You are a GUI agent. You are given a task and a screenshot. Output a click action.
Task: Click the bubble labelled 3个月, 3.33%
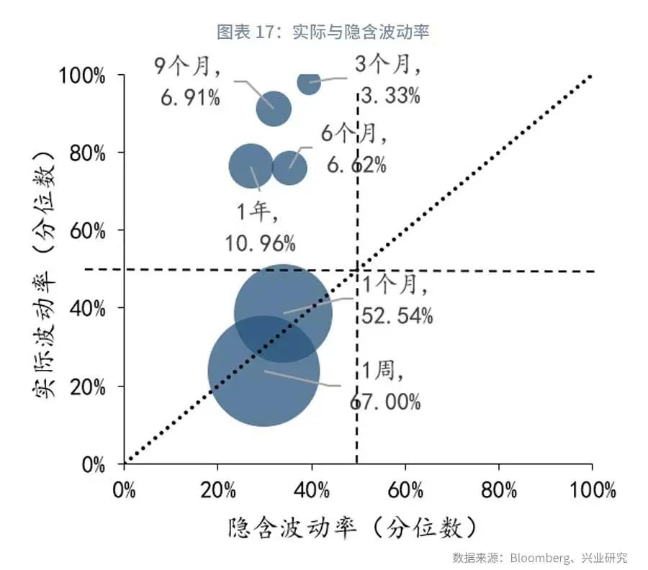point(309,83)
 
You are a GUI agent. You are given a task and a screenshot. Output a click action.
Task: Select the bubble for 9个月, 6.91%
point(274,109)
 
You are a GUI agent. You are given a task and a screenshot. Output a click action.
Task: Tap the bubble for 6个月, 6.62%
point(289,168)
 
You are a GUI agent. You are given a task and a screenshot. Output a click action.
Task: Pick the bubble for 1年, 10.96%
point(251,166)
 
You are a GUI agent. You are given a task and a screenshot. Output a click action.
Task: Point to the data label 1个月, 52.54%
point(397,301)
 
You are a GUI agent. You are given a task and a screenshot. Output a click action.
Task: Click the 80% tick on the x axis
point(499,491)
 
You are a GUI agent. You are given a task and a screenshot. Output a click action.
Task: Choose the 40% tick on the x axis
point(312,491)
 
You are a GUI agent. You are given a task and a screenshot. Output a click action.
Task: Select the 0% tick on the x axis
point(125,491)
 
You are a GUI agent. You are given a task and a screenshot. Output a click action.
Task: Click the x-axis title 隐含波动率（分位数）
point(353,529)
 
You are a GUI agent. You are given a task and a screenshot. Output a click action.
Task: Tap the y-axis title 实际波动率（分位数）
point(45,271)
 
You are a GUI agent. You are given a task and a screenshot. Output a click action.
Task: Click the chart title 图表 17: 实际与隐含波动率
point(323,32)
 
